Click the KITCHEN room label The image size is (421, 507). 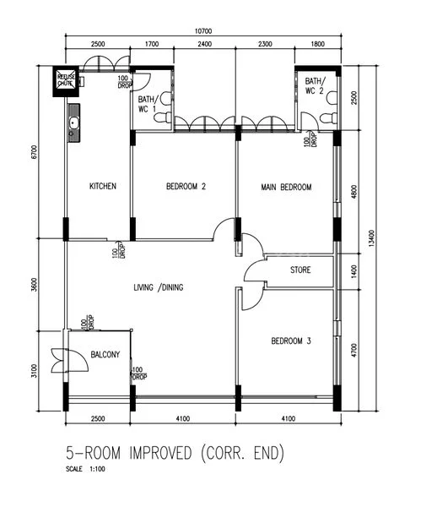(102, 187)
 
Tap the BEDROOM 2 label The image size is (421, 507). (186, 187)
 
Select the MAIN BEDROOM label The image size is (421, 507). (287, 187)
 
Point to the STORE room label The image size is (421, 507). (300, 271)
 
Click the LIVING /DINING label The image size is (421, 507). (159, 288)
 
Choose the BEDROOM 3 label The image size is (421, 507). (291, 341)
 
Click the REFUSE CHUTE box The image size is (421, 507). (67, 79)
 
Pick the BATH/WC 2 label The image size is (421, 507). (316, 85)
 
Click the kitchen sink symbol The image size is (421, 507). (73, 125)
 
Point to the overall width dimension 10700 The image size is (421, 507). (201, 31)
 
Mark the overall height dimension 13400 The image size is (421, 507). (372, 243)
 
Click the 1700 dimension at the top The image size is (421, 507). (151, 43)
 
